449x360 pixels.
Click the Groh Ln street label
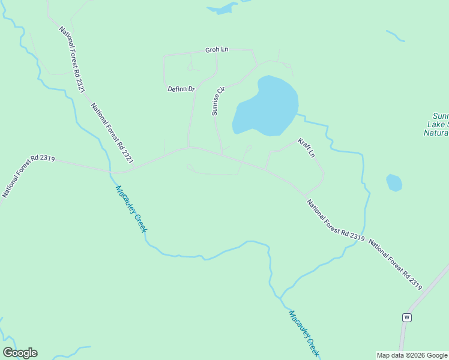click(217, 50)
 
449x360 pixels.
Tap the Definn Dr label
click(181, 89)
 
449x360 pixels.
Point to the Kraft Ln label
click(306, 147)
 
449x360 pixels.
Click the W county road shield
click(406, 317)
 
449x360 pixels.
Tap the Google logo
click(20, 353)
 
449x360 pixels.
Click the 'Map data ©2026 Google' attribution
click(412, 355)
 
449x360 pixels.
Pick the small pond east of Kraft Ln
click(394, 182)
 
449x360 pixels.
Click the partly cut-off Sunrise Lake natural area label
click(437, 124)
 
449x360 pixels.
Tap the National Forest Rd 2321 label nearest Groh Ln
click(72, 59)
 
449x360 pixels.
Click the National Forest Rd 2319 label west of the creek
click(28, 175)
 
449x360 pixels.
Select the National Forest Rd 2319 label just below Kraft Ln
click(336, 220)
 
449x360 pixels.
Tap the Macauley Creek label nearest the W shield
click(303, 334)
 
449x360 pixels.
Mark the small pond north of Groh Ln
click(223, 8)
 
